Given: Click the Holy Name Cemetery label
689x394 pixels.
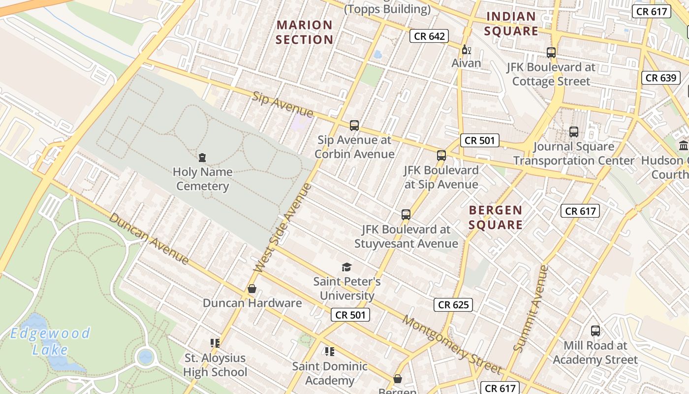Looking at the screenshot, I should point(202,179).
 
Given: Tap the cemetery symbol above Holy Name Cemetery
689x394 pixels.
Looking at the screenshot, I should point(202,158).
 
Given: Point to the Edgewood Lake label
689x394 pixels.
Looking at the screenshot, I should point(50,341).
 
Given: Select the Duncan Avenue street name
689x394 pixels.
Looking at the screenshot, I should point(149,238).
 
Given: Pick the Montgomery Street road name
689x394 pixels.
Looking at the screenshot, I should point(452,344).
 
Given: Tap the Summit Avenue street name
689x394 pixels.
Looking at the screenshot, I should point(531,309).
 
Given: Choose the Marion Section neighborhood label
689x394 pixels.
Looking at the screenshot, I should point(305,32).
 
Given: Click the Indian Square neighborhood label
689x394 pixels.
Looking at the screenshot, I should point(511,24).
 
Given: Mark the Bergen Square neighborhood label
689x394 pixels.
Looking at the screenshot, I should point(496,218).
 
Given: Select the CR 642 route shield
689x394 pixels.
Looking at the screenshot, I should point(429,36).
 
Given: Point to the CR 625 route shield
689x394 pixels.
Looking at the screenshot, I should point(453,305).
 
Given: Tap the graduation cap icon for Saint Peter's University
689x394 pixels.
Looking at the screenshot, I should point(347,267).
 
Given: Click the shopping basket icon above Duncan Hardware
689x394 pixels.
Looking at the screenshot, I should point(252,289).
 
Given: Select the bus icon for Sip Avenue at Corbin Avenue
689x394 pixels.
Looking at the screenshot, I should point(354,126).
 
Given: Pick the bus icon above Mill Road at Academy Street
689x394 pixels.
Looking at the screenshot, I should point(595,331).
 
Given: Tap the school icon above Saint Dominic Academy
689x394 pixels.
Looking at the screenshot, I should point(330,352).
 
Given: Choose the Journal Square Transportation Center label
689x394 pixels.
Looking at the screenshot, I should point(574,154).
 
